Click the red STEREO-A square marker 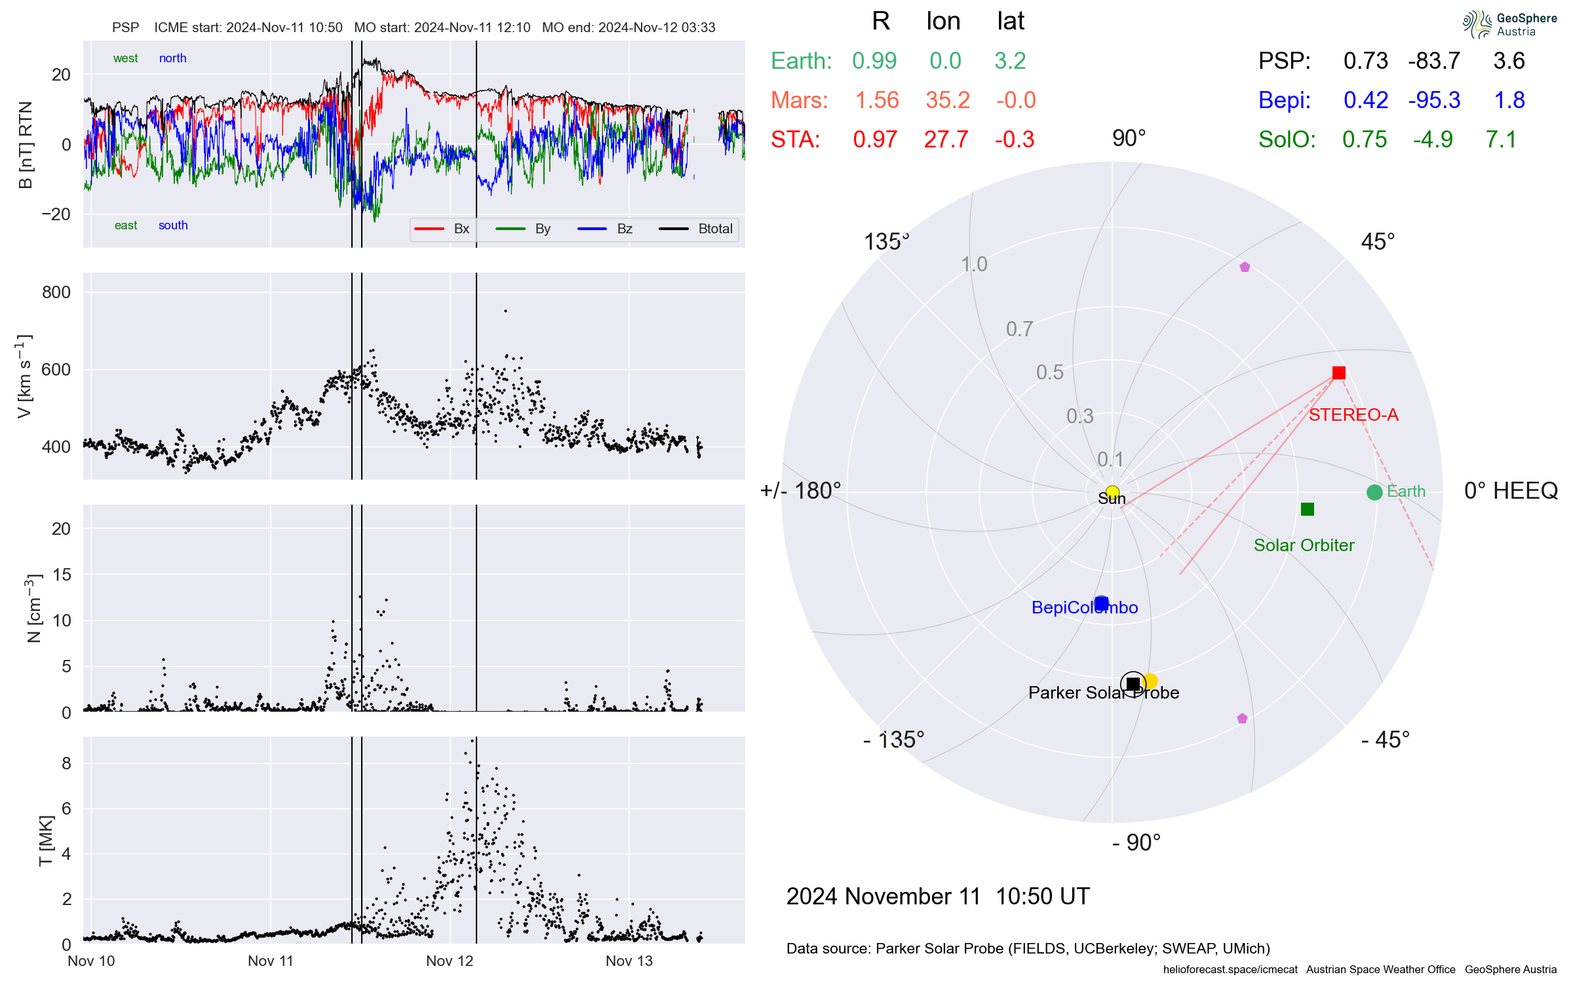point(1338,373)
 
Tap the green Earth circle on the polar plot point(1374,492)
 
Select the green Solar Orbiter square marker point(1308,509)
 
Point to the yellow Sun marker point(1112,492)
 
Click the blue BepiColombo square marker point(1102,603)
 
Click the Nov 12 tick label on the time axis point(450,961)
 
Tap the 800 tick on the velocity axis point(56,292)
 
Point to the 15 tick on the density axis point(62,575)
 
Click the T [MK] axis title point(45,841)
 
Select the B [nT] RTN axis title point(26,145)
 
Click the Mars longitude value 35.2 point(948,100)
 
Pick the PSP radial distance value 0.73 point(1366,61)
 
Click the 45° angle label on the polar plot point(1378,242)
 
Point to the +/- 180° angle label point(800,491)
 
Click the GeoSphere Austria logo point(1509,24)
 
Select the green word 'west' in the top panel point(125,58)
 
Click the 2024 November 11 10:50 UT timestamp point(938,896)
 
